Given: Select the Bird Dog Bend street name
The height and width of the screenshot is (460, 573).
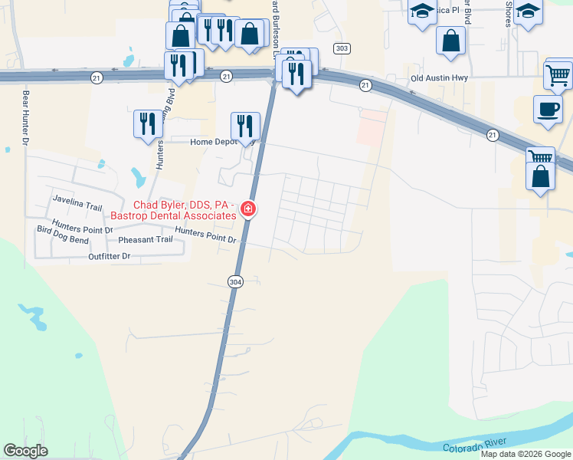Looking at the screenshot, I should pyautogui.click(x=63, y=240).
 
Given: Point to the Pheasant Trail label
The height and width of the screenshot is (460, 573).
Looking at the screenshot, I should pyautogui.click(x=146, y=239).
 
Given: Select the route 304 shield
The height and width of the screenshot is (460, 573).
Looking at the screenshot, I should pyautogui.click(x=236, y=282).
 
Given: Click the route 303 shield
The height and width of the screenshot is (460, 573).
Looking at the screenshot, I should pyautogui.click(x=342, y=48).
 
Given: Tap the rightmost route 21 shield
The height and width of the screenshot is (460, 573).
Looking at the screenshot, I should pyautogui.click(x=492, y=135).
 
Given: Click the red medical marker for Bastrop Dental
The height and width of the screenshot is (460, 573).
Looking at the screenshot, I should pyautogui.click(x=248, y=209).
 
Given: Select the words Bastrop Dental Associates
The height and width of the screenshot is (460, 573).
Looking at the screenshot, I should pyautogui.click(x=173, y=216).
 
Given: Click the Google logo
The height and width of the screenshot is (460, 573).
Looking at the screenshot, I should pyautogui.click(x=25, y=451).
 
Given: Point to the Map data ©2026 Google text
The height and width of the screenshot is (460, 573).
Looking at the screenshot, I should pyautogui.click(x=526, y=454).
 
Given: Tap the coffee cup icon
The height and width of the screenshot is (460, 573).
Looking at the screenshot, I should pyautogui.click(x=548, y=109).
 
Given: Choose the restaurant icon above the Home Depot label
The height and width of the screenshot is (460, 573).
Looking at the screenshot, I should pyautogui.click(x=245, y=125).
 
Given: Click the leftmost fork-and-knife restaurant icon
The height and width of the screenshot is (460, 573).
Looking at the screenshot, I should pyautogui.click(x=148, y=123).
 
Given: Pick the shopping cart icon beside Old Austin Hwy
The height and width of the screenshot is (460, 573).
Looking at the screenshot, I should pyautogui.click(x=558, y=75).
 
